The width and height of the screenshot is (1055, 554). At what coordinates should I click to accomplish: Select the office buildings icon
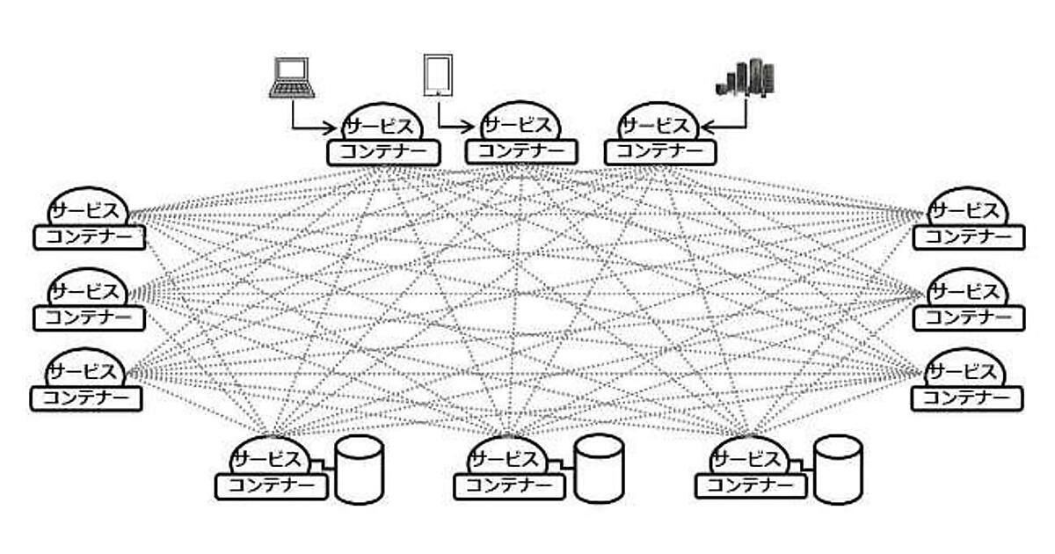tap(746, 77)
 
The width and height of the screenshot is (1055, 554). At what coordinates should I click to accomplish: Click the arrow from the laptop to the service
tap(308, 124)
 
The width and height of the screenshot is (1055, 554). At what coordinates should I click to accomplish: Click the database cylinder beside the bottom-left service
tap(360, 469)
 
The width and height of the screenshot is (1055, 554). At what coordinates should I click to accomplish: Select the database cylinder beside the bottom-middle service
tap(600, 469)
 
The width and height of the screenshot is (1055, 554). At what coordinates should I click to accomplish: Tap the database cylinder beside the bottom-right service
tap(837, 469)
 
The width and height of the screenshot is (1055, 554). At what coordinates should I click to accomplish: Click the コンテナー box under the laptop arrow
tap(382, 152)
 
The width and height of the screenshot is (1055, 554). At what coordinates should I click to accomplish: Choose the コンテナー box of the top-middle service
tap(520, 151)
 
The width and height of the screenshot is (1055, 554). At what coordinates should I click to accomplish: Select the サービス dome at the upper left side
tap(86, 208)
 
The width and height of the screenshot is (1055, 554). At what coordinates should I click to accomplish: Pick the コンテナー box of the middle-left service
tap(89, 317)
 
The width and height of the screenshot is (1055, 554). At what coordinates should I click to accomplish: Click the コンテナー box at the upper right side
tap(968, 237)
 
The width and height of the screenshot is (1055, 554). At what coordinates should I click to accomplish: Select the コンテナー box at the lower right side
tap(967, 397)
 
